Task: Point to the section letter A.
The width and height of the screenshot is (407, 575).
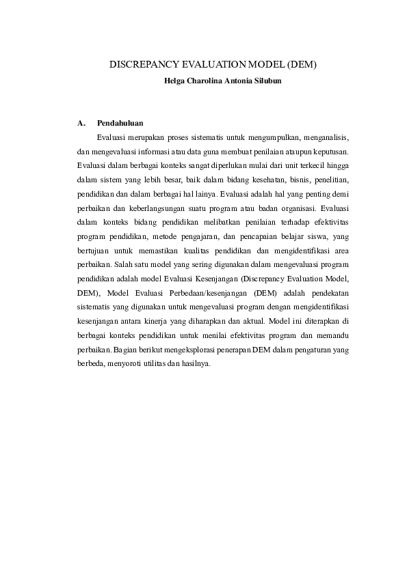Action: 81,124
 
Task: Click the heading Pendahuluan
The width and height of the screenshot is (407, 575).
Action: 120,124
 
